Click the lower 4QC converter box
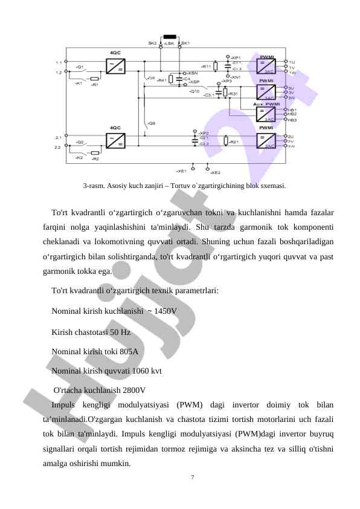115,141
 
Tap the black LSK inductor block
170,37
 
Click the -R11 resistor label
206,66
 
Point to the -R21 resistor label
235,141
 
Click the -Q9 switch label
152,123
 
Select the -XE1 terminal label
181,171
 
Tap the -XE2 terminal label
216,172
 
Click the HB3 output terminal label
292,120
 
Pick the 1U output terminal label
292,62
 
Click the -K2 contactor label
79,157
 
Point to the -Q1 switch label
80,66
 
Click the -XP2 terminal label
204,133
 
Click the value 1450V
166,311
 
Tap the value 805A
129,351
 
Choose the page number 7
192,478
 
